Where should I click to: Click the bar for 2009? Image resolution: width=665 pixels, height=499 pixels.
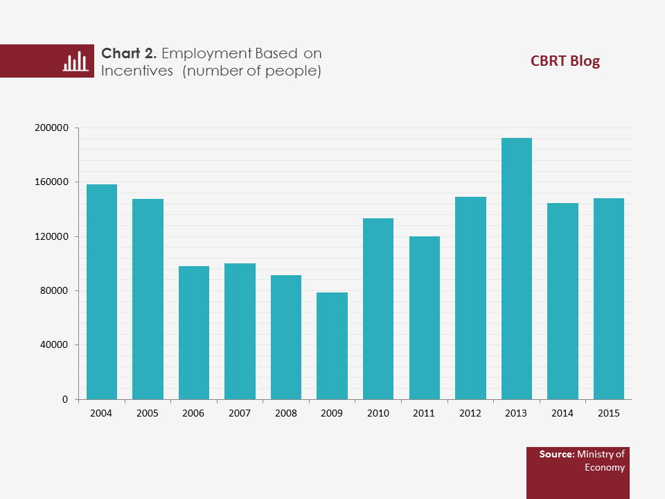332,346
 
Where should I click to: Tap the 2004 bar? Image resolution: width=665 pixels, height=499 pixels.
102,292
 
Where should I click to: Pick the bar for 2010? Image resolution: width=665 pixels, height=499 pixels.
378,309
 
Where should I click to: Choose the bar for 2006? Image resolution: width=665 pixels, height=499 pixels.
194,333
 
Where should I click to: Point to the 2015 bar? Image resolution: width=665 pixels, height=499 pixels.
609,299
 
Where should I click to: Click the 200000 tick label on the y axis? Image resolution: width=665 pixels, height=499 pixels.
52,128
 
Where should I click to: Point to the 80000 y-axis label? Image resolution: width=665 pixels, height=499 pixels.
55,291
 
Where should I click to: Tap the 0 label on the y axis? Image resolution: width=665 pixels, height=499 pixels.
66,400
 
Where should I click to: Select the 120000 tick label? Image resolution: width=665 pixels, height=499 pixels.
52,237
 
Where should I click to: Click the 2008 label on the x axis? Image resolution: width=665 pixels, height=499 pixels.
286,413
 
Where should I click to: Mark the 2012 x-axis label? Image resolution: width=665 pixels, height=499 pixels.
470,413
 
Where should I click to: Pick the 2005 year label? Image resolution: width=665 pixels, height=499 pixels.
148,413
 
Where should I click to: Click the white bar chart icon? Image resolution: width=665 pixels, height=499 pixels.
75,61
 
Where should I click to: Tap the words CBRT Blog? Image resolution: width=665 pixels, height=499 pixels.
565,61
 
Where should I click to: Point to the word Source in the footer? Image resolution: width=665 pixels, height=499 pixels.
556,455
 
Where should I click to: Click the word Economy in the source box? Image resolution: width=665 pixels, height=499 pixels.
605,467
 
